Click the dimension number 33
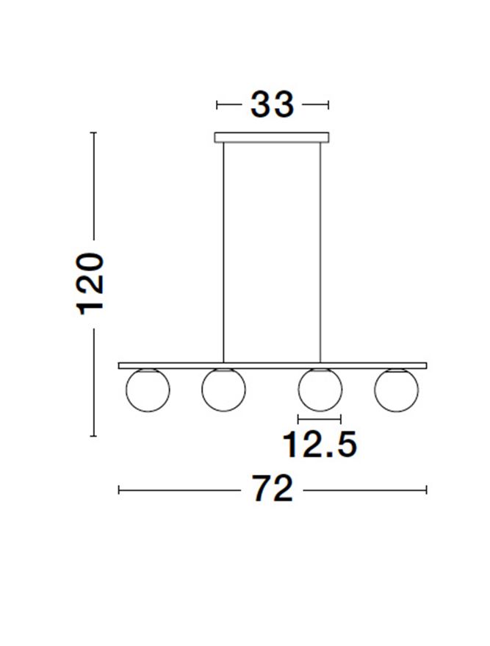click(x=272, y=104)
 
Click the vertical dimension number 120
click(x=91, y=284)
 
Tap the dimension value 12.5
click(x=320, y=445)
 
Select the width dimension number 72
click(x=272, y=489)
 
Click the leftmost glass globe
click(x=148, y=390)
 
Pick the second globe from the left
click(x=223, y=390)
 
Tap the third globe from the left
click(x=320, y=390)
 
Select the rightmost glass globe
click(x=396, y=390)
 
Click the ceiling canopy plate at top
click(x=272, y=137)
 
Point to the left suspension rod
click(x=223, y=253)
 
